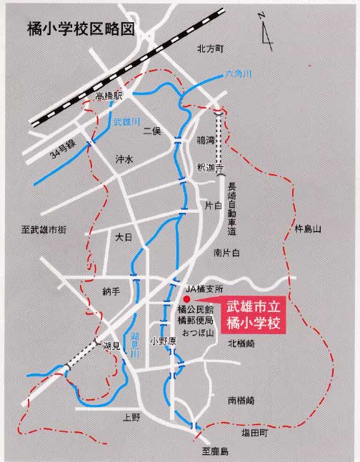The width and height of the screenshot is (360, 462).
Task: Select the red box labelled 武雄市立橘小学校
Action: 254,315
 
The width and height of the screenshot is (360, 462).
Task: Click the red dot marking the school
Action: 188,298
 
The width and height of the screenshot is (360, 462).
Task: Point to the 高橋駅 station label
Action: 109,96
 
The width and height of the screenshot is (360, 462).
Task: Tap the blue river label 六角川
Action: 239,74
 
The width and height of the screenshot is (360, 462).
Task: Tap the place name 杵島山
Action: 308,229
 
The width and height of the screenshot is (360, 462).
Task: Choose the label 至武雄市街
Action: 44,229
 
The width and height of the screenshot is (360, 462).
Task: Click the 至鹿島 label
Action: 214,451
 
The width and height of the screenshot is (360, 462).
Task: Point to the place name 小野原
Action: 163,341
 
